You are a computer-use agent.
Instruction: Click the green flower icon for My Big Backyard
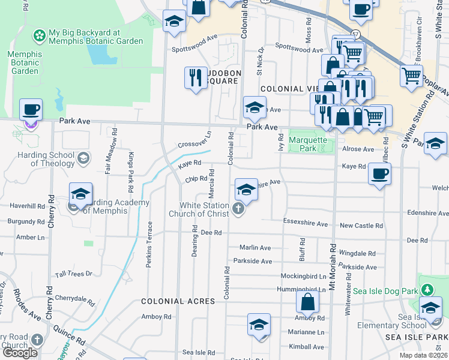39,35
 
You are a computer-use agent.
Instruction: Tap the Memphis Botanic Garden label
25,62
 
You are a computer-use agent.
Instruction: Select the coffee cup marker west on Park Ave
31,110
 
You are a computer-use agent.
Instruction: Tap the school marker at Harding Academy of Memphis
80,194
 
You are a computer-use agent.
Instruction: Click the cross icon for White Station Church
238,209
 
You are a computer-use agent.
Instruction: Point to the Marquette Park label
308,144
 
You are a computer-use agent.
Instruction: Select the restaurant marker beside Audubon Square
196,78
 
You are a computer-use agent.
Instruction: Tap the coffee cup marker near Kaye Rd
379,174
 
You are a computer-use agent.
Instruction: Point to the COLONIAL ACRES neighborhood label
178,301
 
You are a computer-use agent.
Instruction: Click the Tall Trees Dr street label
73,274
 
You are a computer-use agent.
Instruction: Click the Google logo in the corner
20,352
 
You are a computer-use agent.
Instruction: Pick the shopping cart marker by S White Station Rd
411,76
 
